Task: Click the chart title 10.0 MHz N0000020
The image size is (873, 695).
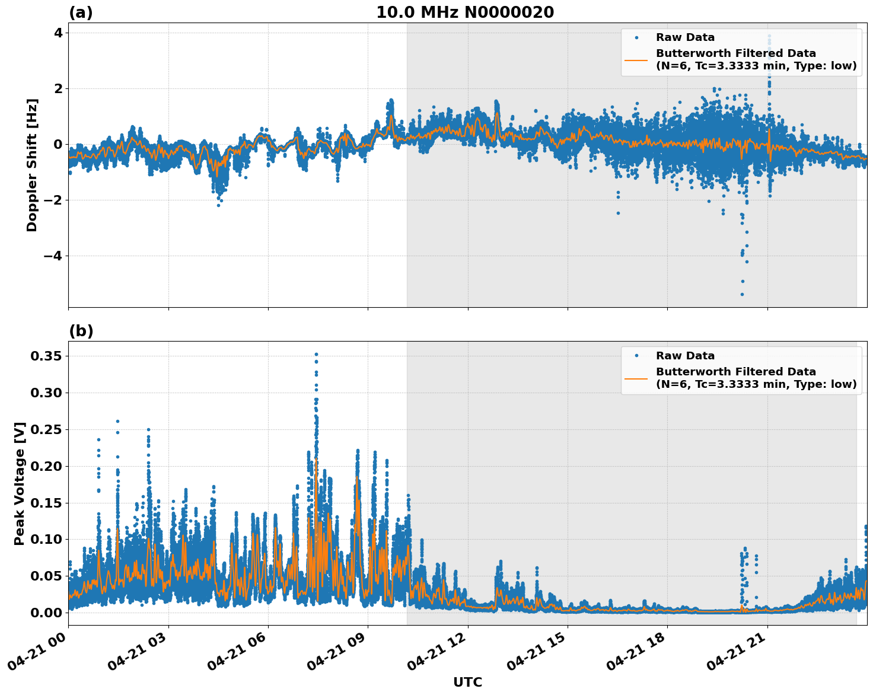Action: click(465, 12)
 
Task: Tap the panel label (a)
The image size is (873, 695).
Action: click(81, 12)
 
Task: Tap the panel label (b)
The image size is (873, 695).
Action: click(81, 331)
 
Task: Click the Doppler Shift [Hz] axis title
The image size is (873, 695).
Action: click(32, 165)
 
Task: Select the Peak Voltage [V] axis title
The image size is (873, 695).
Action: click(20, 483)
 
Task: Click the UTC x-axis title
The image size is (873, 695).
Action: click(467, 682)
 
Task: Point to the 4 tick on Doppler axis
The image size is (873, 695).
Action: click(58, 33)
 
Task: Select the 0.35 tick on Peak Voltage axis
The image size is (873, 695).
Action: click(46, 356)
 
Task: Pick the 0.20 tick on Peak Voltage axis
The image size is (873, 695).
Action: click(46, 466)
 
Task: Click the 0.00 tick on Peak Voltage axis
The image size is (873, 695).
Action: click(46, 613)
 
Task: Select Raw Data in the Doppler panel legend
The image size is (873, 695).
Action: click(685, 37)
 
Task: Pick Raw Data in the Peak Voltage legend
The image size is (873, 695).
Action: click(685, 356)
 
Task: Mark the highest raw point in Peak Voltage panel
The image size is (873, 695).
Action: click(316, 354)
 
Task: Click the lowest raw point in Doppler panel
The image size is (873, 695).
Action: click(741, 294)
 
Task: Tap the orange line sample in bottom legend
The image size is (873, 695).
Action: click(636, 378)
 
